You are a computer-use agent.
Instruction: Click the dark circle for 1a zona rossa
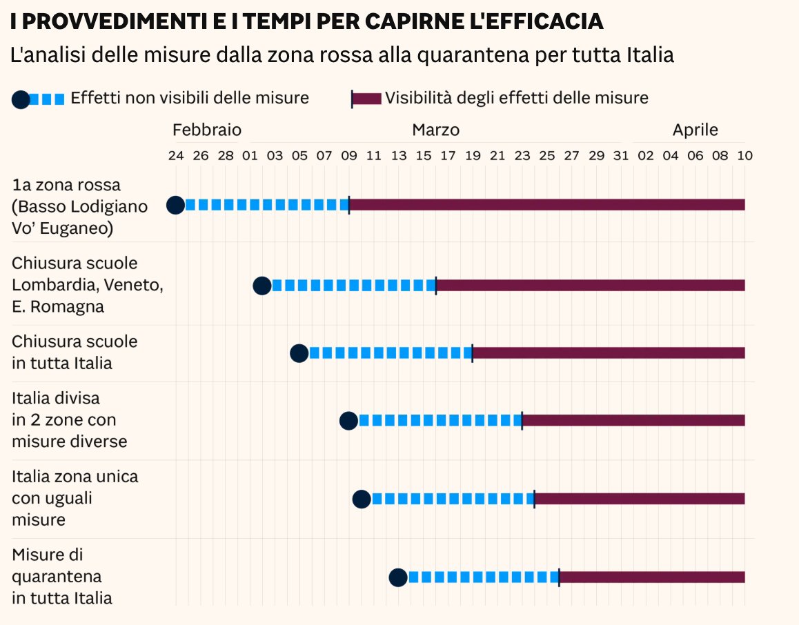point(176,205)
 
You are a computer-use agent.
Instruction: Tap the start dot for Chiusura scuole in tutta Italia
point(299,353)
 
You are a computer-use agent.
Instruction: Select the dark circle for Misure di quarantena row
point(398,577)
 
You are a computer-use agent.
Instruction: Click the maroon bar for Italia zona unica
point(640,499)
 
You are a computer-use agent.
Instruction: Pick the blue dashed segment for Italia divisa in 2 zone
point(439,420)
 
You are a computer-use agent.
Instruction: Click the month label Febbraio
point(207,130)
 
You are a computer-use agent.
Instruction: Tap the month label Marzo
point(435,130)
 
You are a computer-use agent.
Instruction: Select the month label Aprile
point(696,130)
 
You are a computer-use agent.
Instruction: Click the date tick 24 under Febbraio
point(176,156)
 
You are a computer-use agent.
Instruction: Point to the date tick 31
point(621,156)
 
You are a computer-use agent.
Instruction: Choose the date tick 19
point(473,156)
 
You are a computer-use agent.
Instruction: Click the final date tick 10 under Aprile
point(744,156)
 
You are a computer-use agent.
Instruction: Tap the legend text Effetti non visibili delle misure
point(190,98)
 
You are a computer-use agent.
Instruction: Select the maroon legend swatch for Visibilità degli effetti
point(366,99)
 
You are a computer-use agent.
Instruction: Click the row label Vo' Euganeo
point(62,228)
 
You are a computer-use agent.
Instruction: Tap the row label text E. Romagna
point(58,307)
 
